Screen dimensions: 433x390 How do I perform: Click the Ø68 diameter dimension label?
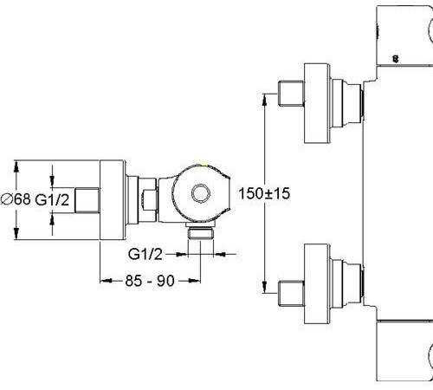point(16,199)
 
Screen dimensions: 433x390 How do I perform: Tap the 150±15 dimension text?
point(264,193)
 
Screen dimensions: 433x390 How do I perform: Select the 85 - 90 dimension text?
point(150,281)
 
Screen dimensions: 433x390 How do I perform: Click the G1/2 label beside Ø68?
point(52,199)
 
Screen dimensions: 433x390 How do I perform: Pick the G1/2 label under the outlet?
point(145,254)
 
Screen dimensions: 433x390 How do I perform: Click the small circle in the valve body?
point(201,193)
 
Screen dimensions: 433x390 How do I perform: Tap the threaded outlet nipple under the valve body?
point(201,233)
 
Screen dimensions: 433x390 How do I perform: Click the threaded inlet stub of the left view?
point(87,200)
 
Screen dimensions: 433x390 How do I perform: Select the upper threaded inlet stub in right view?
point(291,94)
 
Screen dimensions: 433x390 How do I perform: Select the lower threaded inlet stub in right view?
point(291,293)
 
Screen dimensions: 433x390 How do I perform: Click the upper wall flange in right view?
point(317,103)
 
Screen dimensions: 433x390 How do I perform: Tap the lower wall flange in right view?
point(317,283)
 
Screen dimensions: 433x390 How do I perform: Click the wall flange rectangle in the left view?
point(113,200)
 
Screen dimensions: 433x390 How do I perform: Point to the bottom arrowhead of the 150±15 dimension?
point(264,288)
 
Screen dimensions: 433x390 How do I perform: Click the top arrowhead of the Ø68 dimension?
point(16,166)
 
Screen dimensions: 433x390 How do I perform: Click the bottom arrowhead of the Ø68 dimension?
point(16,233)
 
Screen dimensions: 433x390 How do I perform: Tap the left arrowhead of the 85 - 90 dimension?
point(106,281)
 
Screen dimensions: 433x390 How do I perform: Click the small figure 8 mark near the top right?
point(396,59)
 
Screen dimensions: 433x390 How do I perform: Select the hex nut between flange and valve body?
point(149,200)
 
